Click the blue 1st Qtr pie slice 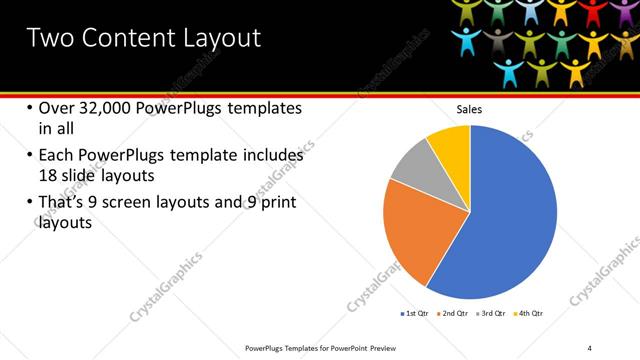click(510, 220)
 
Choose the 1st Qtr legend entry click(416, 313)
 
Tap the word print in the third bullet click(277, 204)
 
